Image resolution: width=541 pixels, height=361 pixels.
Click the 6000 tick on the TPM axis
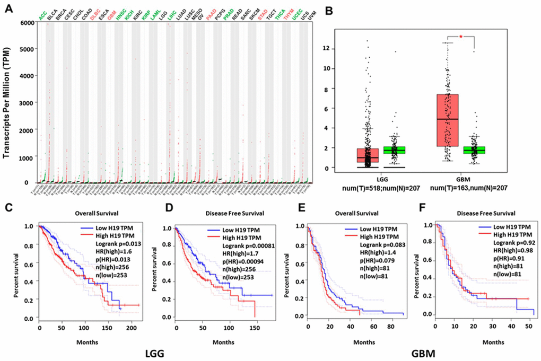pos(24,21)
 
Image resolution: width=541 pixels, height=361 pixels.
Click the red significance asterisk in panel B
pos(462,36)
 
